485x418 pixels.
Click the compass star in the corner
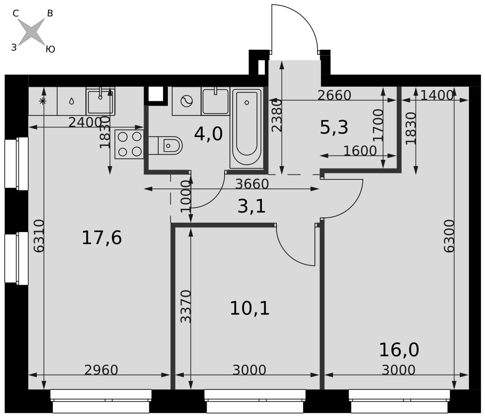point(31,31)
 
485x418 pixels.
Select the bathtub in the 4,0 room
point(246,128)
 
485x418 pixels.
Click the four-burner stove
point(129,144)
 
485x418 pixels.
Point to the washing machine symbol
point(187,101)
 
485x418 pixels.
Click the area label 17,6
point(101,238)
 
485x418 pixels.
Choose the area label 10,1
point(250,309)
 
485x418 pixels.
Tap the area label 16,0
point(399,350)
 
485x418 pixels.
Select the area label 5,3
point(334,127)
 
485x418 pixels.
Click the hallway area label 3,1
point(251,206)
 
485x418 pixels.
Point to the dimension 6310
point(39,236)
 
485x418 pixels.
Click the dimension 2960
point(101,370)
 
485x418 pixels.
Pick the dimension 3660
point(252,184)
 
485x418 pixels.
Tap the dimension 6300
point(449,236)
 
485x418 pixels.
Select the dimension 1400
point(437,95)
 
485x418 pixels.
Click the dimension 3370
point(186,306)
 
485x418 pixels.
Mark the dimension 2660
point(334,95)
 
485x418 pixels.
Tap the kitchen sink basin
point(100,102)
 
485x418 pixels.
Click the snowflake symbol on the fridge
point(43,101)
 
